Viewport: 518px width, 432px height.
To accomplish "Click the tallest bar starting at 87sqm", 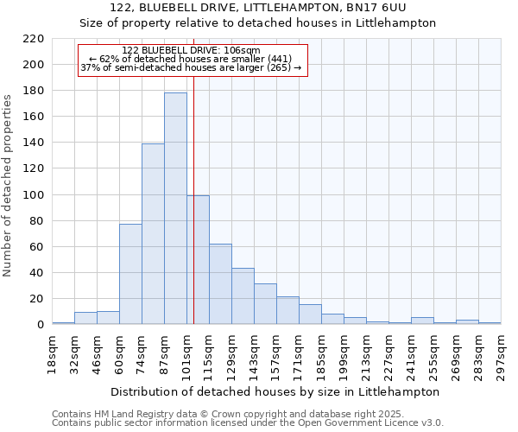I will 175,208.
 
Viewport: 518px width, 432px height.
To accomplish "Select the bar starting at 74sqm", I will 153,233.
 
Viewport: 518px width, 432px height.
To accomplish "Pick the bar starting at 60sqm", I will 130,274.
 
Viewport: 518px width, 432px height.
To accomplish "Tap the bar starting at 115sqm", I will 220,284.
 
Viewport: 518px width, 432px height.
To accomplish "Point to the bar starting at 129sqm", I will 243,296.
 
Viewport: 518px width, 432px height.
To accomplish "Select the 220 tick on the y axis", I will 35,39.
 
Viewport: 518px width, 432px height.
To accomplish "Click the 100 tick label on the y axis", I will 35,195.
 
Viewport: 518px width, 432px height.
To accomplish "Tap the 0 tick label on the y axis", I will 41,325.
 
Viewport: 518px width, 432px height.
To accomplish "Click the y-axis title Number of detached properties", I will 9,187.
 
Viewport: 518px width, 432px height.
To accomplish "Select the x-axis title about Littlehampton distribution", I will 276,391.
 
